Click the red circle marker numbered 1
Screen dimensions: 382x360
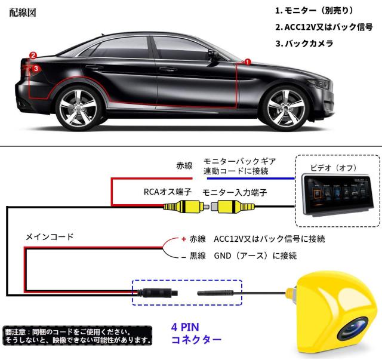247,62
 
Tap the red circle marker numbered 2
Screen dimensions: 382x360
33,56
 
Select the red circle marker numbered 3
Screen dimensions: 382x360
36,68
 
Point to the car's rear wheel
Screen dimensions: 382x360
78,109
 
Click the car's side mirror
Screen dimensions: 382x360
212,55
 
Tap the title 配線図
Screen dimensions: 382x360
23,13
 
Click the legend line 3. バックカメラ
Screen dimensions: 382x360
304,44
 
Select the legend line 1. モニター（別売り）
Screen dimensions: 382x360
315,11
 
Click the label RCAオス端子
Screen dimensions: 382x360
167,192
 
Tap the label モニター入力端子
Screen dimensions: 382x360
235,193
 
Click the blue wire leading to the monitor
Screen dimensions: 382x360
251,179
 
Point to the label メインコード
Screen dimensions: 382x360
50,236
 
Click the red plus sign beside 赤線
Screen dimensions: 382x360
184,239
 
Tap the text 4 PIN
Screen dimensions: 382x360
185,327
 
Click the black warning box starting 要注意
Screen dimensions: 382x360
78,336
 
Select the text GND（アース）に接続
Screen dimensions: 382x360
255,256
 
